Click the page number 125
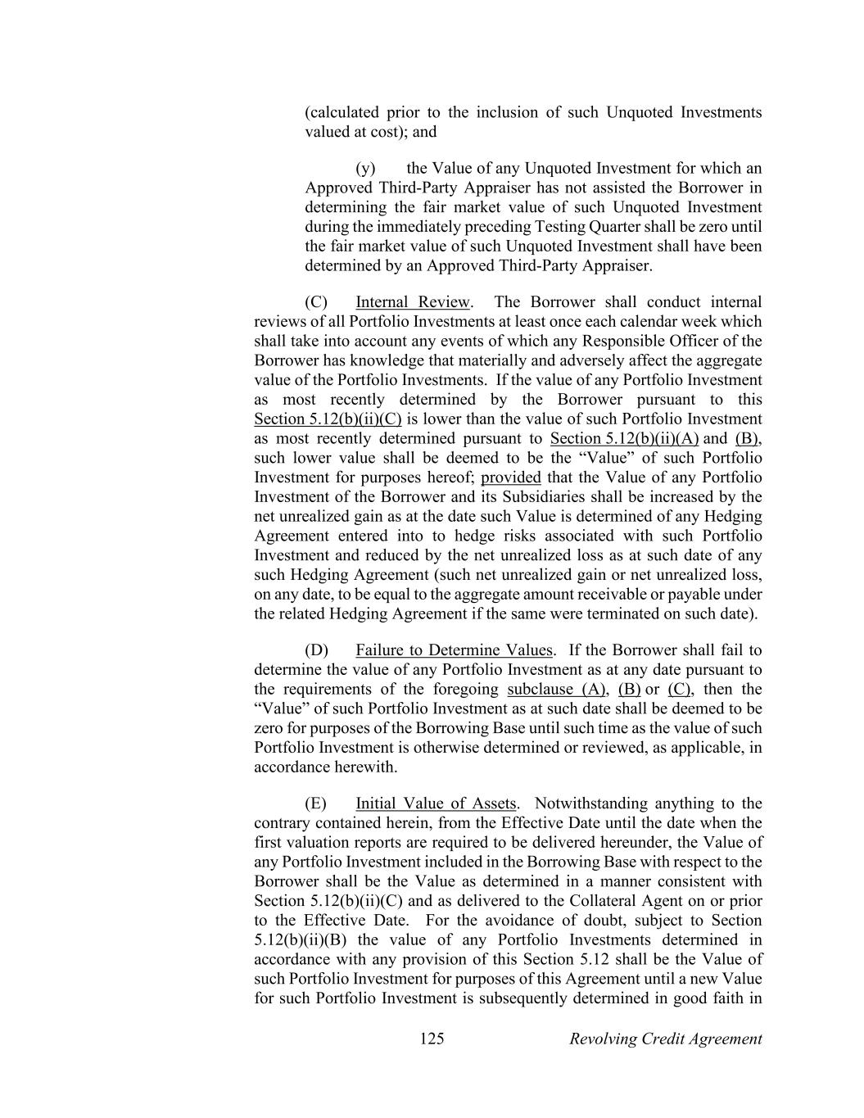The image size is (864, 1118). (432, 1039)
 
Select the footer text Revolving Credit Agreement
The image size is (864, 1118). (665, 1039)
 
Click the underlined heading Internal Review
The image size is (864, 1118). (413, 302)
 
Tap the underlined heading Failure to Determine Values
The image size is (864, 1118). (455, 650)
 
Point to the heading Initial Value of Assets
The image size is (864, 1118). (436, 803)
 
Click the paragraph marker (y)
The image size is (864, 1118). (365, 168)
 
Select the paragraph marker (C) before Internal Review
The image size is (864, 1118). (316, 302)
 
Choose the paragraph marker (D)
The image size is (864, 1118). (316, 650)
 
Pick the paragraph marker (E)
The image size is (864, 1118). (315, 803)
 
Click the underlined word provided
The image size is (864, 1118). (511, 477)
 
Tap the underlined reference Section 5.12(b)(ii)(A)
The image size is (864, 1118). (624, 438)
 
